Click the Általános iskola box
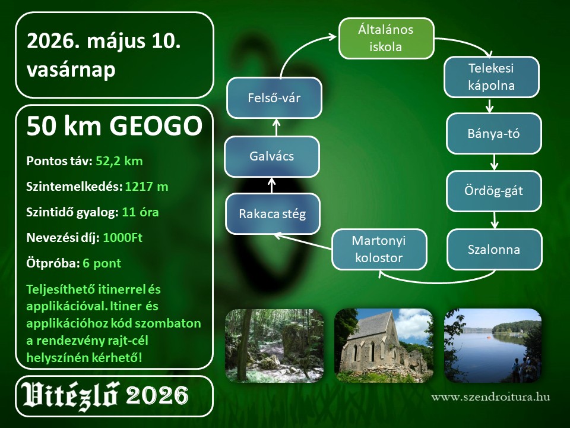(387, 38)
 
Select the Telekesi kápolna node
(492, 77)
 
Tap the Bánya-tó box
(494, 134)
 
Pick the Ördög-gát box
(494, 191)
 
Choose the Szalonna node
(495, 249)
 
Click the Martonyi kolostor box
(379, 249)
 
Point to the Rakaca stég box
(273, 213)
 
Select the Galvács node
(272, 156)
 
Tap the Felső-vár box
(274, 98)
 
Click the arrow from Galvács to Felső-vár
(276, 127)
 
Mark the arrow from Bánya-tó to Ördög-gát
(493, 162)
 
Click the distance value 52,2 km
(119, 161)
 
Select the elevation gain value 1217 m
(147, 187)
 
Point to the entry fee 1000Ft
(122, 238)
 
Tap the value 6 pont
(102, 263)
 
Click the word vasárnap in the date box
(71, 70)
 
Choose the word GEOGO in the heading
(156, 126)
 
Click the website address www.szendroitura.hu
(490, 397)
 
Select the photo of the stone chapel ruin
(384, 345)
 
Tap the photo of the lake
(493, 345)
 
